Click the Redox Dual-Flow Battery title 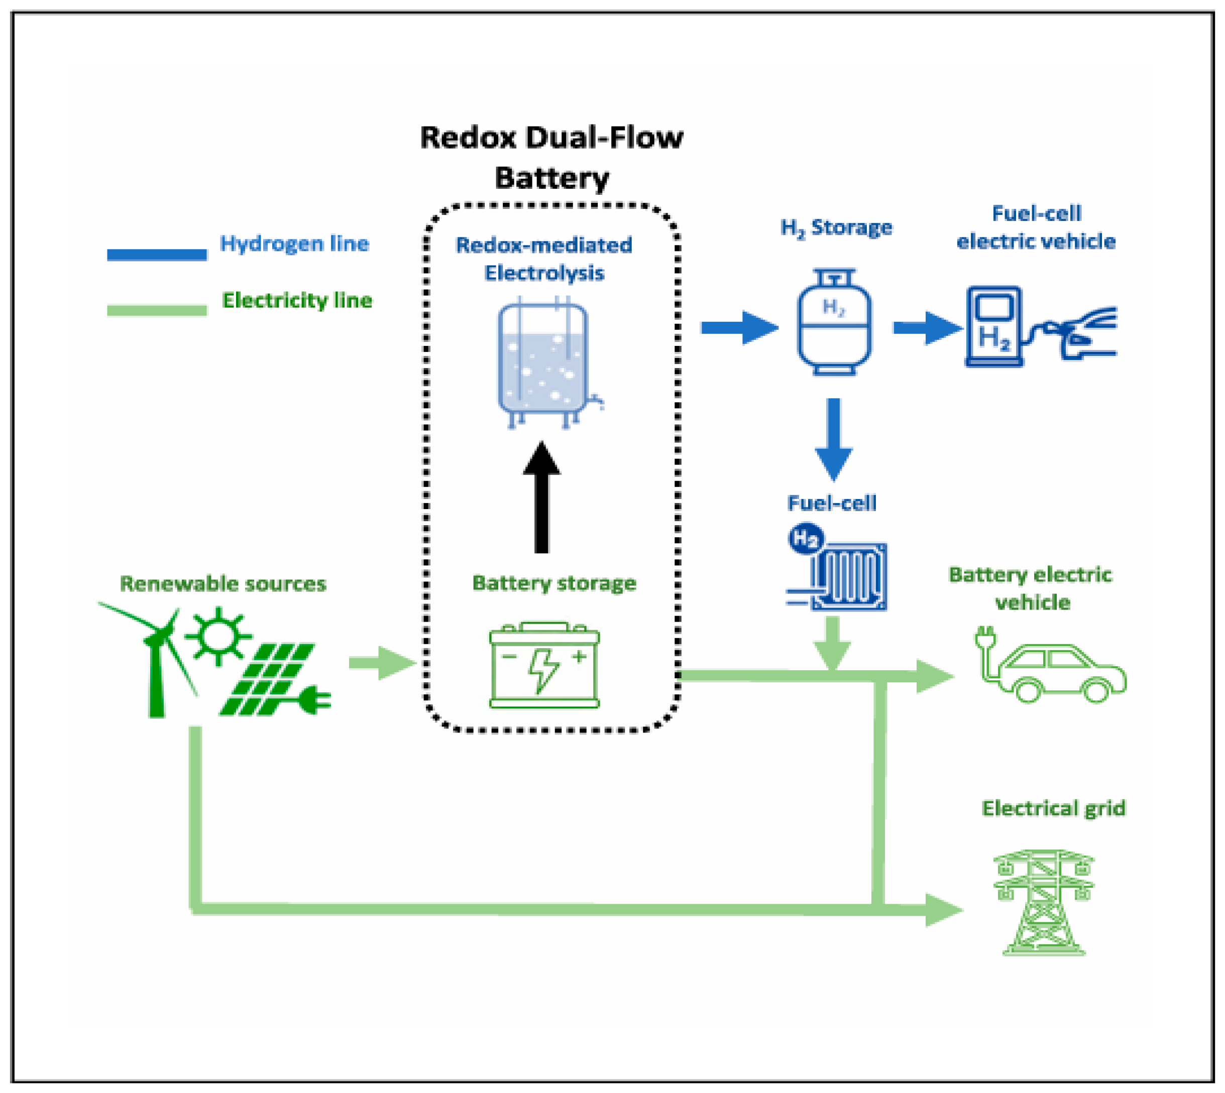pos(551,157)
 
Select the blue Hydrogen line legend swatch pos(157,254)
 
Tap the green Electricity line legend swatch pos(157,310)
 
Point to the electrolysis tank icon pos(547,362)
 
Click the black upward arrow pos(541,497)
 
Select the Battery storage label pos(554,582)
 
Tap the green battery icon pos(544,665)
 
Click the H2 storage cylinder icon pos(834,321)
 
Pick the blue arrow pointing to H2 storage pos(739,327)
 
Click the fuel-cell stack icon pos(836,567)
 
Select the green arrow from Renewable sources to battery pos(383,663)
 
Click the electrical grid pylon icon pos(1044,902)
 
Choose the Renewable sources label pos(223,583)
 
